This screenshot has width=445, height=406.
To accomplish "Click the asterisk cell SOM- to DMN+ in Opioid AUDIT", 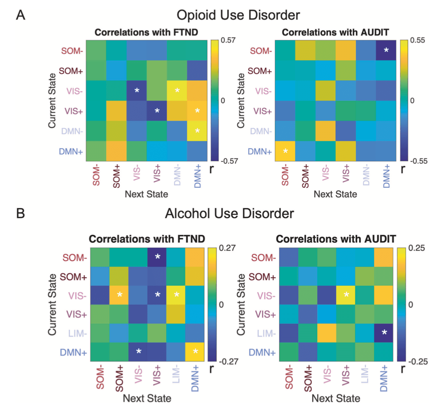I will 386,50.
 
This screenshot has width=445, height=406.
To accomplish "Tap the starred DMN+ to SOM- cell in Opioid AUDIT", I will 285,151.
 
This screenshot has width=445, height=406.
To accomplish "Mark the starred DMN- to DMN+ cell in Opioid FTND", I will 197,131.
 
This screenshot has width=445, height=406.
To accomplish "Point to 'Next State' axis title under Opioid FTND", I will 146,194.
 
